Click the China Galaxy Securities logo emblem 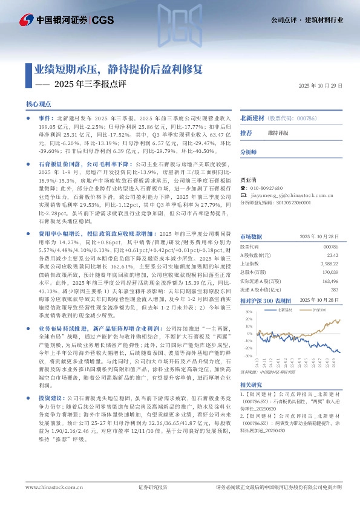[25, 20]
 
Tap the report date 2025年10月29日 [321, 86]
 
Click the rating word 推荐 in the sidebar [246, 132]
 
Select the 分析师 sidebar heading [249, 152]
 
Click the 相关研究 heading [250, 385]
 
